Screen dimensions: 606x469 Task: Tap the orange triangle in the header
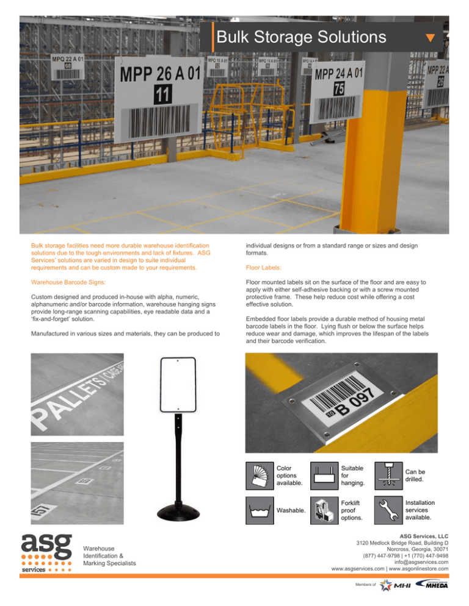[430, 39]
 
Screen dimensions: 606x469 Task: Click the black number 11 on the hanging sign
[162, 95]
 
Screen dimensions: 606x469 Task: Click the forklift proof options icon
[324, 510]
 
